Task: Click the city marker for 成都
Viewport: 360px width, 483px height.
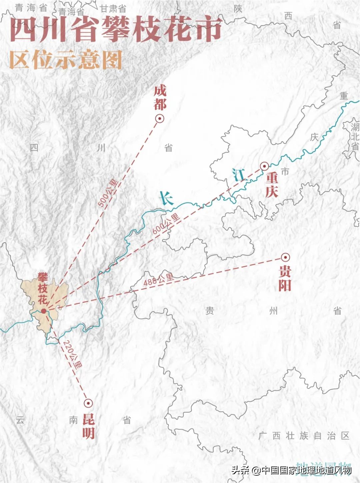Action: [160, 118]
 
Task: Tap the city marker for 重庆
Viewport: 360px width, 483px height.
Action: [264, 166]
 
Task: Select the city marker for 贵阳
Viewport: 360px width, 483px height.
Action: [285, 257]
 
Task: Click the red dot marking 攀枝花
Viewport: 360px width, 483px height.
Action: [44, 311]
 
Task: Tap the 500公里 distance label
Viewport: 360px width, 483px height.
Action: [108, 193]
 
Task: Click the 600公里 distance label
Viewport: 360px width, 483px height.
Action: [166, 224]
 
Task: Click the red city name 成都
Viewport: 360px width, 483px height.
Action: [160, 98]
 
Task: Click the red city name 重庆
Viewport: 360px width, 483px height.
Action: [272, 185]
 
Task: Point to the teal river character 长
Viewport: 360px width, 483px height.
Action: [166, 198]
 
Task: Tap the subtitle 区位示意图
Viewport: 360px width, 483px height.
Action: [66, 60]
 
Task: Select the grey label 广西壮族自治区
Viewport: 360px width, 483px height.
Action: [304, 436]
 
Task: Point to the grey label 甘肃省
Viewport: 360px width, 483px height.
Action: [113, 8]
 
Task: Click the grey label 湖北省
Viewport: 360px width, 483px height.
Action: [355, 137]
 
